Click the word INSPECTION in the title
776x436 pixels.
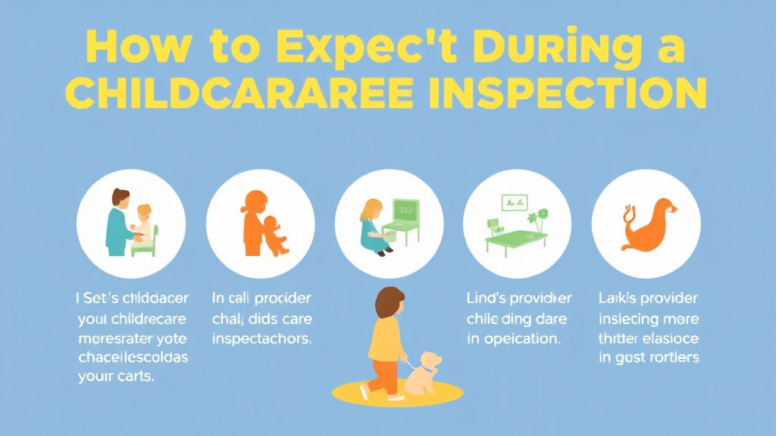tap(580, 96)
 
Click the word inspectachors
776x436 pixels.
tap(262, 339)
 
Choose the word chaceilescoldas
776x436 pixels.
tap(133, 357)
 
